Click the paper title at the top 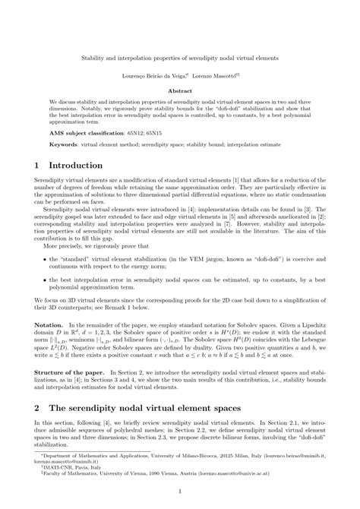pyautogui.click(x=179, y=57)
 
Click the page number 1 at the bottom pyautogui.click(x=179, y=492)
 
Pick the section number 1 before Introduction pyautogui.click(x=38, y=166)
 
